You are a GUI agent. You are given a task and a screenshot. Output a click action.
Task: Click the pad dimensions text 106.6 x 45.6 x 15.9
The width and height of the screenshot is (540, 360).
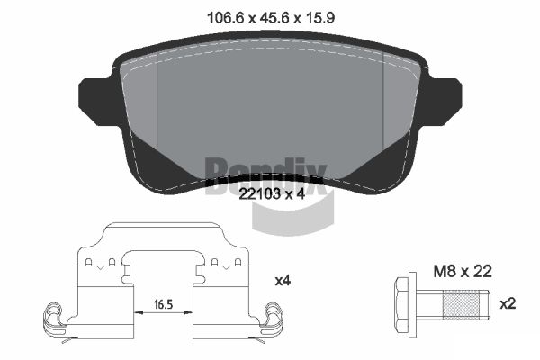tap(270, 18)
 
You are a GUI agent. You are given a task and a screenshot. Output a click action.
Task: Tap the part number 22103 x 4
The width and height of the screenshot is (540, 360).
tap(272, 194)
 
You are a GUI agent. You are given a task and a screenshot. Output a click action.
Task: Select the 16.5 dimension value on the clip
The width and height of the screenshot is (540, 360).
tap(163, 304)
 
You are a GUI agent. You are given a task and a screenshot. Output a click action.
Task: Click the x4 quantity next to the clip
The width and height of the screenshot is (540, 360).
tap(283, 281)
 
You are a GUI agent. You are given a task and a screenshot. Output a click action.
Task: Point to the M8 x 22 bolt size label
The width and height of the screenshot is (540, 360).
tap(463, 272)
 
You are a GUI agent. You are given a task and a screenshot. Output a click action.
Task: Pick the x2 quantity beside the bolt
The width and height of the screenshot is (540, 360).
tap(508, 303)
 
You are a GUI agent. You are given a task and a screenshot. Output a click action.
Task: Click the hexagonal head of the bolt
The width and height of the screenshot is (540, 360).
tap(402, 304)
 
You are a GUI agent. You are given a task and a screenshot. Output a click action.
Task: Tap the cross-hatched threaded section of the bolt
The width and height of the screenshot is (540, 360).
tap(461, 304)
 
